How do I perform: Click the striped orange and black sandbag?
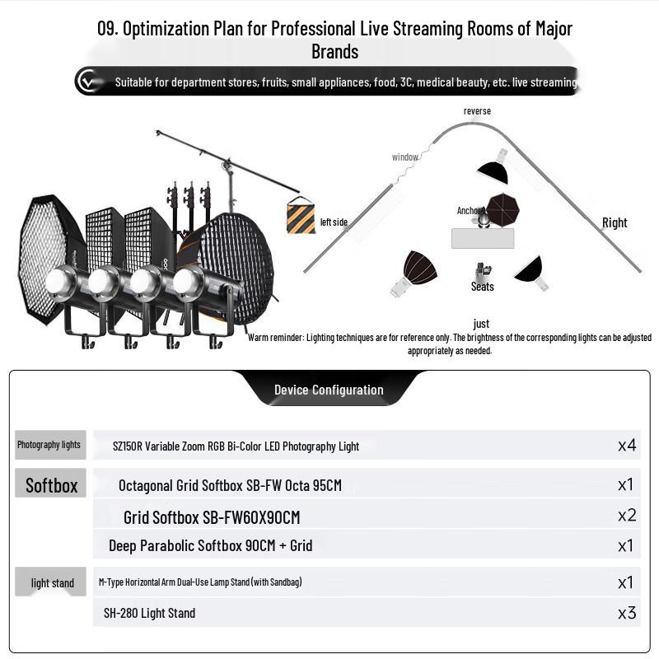click(301, 215)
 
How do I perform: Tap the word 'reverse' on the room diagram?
click(477, 111)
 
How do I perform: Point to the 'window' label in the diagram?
click(404, 157)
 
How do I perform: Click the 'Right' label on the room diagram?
click(615, 222)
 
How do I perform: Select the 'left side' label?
click(334, 222)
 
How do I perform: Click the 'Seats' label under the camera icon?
click(482, 287)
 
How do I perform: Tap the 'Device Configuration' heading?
click(329, 390)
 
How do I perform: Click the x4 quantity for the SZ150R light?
click(627, 445)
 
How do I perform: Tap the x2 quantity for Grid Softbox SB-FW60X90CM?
click(627, 516)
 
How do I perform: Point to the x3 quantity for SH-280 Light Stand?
click(627, 613)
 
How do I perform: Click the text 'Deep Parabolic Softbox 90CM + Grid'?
click(210, 545)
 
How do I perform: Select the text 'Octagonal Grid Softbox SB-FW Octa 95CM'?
click(230, 485)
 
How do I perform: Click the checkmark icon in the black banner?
click(87, 81)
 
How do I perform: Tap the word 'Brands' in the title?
click(335, 52)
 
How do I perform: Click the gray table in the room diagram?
click(483, 238)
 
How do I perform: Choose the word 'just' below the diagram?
click(481, 324)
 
